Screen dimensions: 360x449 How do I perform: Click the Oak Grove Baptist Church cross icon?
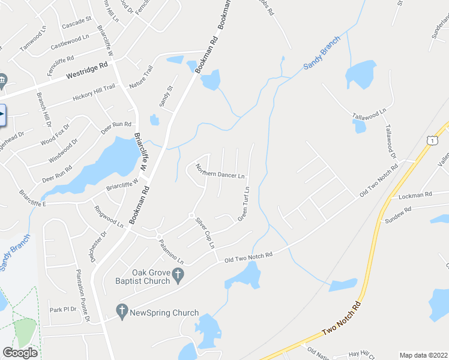click(x=178, y=275)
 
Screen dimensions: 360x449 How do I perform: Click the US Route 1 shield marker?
click(x=431, y=140)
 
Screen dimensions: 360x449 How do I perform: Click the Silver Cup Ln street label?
click(x=204, y=233)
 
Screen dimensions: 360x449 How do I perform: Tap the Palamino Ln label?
click(x=171, y=251)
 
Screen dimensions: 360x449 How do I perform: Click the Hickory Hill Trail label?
click(x=94, y=92)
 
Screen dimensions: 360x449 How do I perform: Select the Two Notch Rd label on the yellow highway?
click(x=342, y=319)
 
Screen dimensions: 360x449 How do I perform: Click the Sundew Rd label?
click(x=398, y=215)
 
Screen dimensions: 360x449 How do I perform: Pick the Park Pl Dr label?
click(x=63, y=310)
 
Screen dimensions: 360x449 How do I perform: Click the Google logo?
click(x=20, y=353)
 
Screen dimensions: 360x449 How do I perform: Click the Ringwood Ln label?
click(x=109, y=217)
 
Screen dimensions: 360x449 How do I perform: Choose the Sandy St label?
click(x=166, y=97)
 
